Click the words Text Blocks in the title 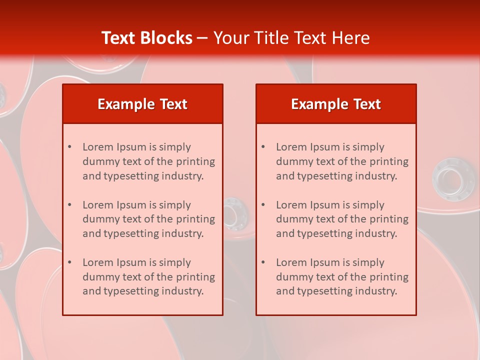pos(146,38)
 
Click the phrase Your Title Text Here pos(291,38)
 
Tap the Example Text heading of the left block pos(142,104)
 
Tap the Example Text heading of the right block pos(336,104)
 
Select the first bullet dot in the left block pos(69,147)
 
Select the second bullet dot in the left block pos(69,205)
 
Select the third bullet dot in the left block pos(69,262)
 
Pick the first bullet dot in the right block pos(263,147)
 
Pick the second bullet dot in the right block pos(263,205)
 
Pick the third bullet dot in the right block pos(263,262)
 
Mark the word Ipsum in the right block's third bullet pos(325,262)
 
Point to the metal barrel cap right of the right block pos(452,178)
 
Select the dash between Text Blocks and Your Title pos(202,38)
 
